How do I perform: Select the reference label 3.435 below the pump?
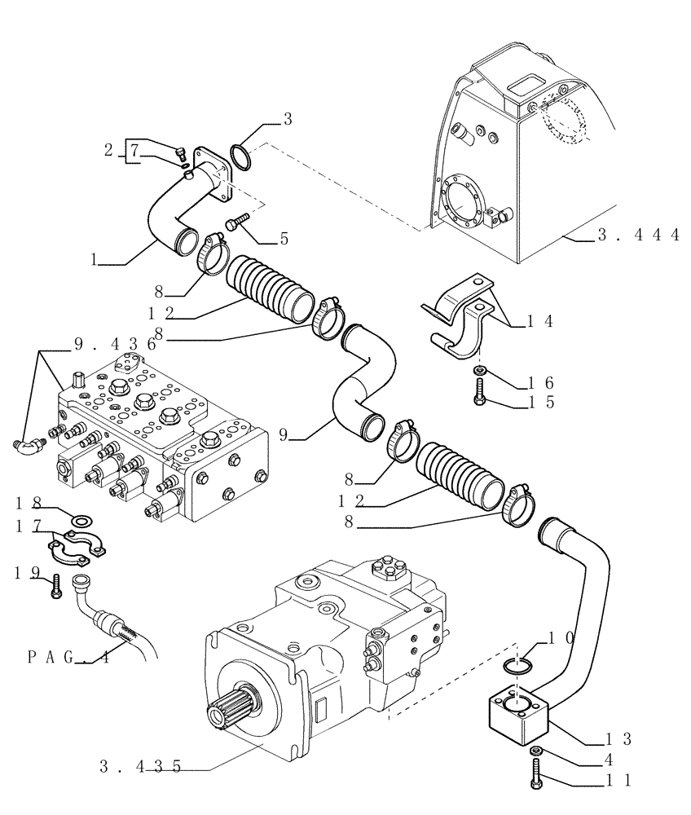[139, 767]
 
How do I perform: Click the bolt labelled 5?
[236, 222]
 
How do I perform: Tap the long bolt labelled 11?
[539, 774]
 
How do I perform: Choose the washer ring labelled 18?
[81, 519]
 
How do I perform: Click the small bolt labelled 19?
[55, 585]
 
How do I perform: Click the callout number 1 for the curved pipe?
[95, 261]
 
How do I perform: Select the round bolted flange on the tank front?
[460, 195]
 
